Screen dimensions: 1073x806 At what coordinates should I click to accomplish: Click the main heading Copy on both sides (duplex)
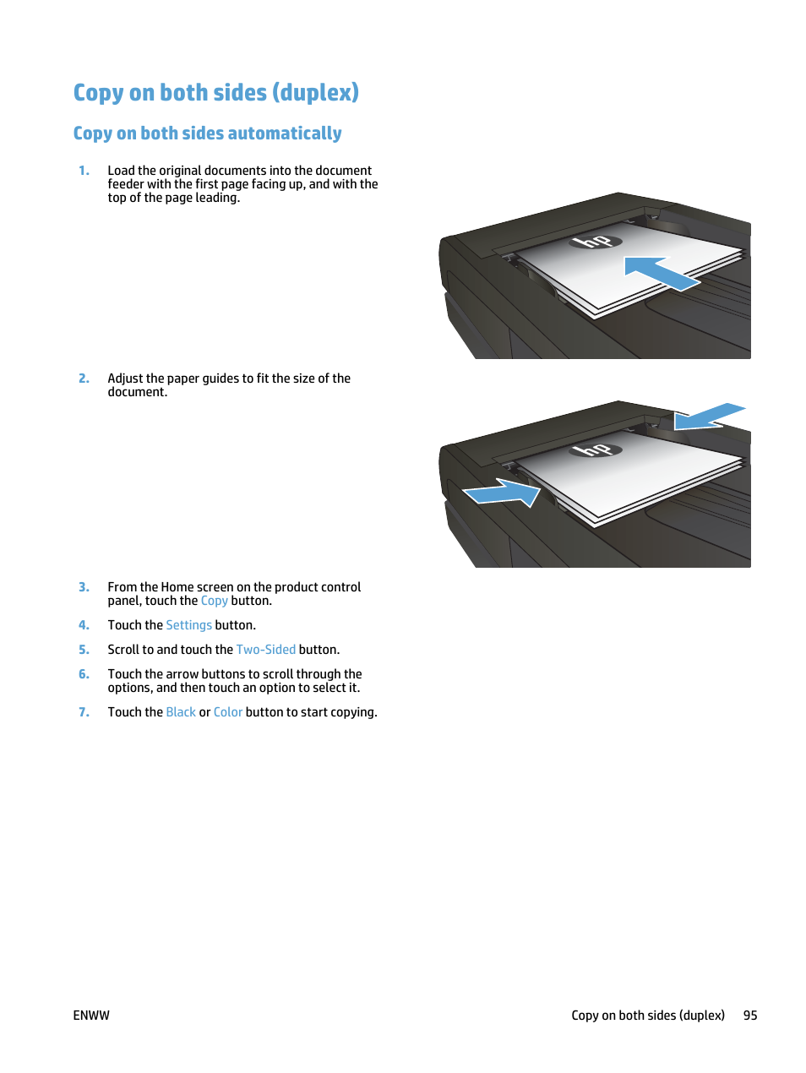point(215,92)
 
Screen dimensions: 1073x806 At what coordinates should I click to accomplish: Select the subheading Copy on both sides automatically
point(207,133)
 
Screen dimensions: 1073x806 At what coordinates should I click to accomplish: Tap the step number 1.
point(84,171)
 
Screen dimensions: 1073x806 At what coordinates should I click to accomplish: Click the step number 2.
point(84,379)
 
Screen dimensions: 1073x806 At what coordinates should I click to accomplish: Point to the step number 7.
point(84,712)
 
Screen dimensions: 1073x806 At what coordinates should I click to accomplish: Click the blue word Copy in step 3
point(214,601)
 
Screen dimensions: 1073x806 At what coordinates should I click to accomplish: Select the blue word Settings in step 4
point(188,625)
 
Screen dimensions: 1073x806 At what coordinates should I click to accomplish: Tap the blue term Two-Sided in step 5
point(265,650)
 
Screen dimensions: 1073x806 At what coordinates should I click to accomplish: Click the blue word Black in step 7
point(181,712)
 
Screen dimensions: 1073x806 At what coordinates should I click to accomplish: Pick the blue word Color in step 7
point(227,712)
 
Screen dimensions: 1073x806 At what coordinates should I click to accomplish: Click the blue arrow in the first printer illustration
point(660,273)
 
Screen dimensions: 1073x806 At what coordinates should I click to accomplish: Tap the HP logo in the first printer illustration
point(595,242)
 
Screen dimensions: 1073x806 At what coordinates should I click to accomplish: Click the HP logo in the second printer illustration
point(595,449)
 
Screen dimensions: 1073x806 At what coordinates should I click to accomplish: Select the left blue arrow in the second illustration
point(502,493)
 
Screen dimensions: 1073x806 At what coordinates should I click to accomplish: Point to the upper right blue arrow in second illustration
point(708,417)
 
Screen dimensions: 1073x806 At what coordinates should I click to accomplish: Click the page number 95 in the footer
point(750,1016)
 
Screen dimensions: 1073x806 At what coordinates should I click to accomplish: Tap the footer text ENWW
point(91,1016)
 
